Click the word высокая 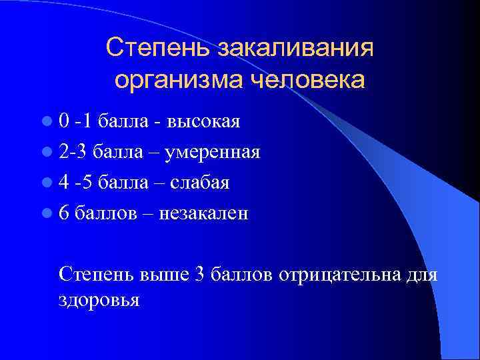point(204,121)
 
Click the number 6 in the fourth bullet point(63,213)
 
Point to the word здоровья point(99,300)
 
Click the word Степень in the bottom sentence point(96,275)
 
